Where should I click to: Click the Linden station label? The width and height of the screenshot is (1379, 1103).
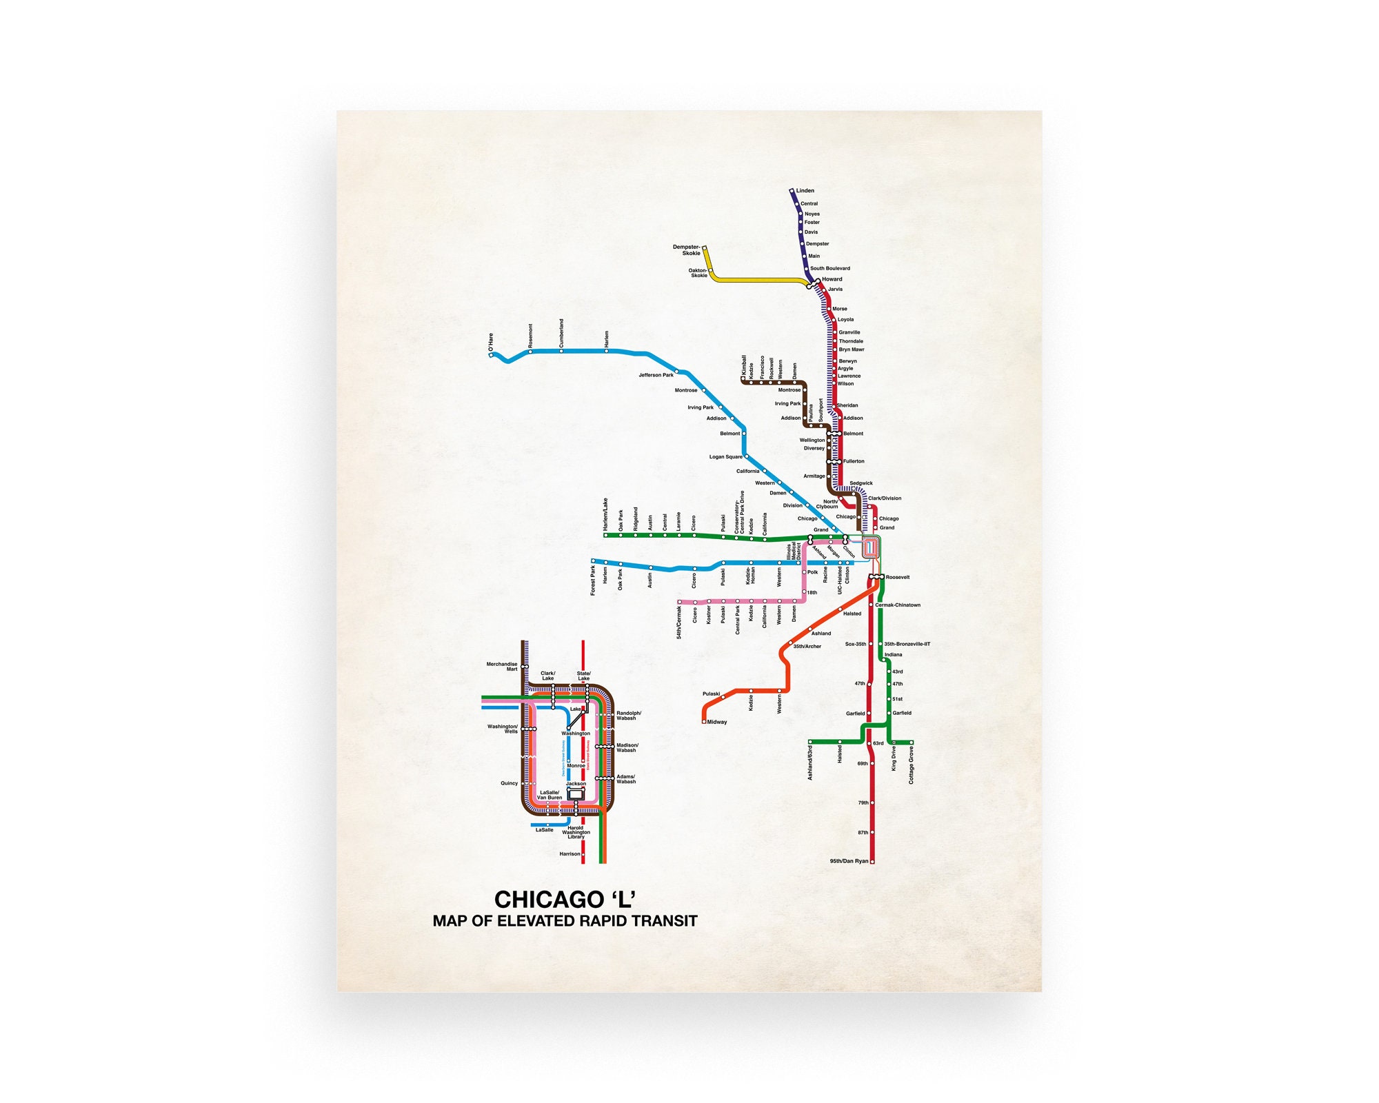pyautogui.click(x=805, y=191)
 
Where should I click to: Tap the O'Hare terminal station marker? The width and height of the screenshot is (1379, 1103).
pyautogui.click(x=491, y=355)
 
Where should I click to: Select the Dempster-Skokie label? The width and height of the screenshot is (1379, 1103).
pyautogui.click(x=687, y=250)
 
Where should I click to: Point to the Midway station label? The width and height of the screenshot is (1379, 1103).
pyautogui.click(x=717, y=722)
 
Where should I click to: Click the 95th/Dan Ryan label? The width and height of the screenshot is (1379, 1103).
pyautogui.click(x=849, y=862)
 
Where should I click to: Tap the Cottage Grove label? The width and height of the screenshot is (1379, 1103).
pyautogui.click(x=911, y=765)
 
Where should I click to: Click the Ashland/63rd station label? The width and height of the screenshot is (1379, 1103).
pyautogui.click(x=810, y=762)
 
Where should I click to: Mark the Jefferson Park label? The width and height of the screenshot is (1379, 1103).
pyautogui.click(x=656, y=376)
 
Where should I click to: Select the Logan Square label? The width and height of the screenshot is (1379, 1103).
pyautogui.click(x=726, y=457)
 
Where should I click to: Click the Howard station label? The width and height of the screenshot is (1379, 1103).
pyautogui.click(x=832, y=280)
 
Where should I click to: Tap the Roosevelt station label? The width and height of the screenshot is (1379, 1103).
pyautogui.click(x=898, y=578)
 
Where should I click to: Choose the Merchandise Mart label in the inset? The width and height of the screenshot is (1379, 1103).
pyautogui.click(x=502, y=667)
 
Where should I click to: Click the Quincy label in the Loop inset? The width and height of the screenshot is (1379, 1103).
pyautogui.click(x=509, y=784)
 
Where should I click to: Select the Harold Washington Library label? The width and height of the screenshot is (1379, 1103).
pyautogui.click(x=576, y=833)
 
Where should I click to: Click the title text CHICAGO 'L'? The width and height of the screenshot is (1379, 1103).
pyautogui.click(x=565, y=900)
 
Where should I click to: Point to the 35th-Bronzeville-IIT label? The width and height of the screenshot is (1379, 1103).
pyautogui.click(x=907, y=645)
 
